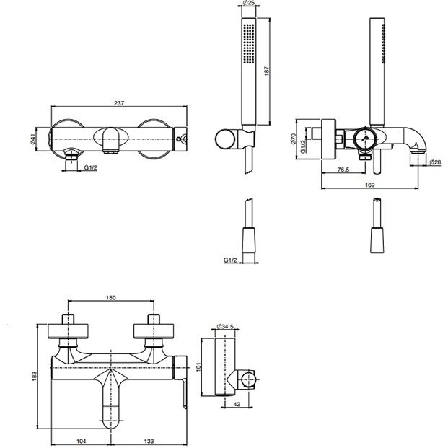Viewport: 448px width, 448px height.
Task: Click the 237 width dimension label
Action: click(119, 103)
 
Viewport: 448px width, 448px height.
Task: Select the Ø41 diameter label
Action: click(33, 139)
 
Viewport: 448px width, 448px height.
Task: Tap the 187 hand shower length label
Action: click(267, 71)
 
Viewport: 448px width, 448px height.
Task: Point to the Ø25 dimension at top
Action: click(249, 3)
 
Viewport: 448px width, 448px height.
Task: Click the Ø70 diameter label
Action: click(294, 139)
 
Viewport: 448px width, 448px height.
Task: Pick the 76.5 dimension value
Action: click(343, 170)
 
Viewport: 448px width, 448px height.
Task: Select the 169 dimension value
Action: click(369, 185)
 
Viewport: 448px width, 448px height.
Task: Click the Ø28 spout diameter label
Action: click(435, 162)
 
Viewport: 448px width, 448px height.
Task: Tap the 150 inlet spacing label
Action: click(111, 298)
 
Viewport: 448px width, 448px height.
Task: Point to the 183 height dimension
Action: click(35, 376)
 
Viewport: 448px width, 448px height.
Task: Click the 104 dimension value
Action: click(82, 442)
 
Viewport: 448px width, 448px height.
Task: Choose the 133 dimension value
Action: click(149, 442)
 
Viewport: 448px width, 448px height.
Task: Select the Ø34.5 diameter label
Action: click(225, 326)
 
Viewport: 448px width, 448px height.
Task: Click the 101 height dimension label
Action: click(199, 366)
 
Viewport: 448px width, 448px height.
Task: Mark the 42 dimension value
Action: click(237, 404)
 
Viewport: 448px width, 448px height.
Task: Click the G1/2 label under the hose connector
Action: click(230, 260)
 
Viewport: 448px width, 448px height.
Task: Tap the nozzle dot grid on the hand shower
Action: click(249, 43)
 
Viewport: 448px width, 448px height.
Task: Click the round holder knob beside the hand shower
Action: click(225, 139)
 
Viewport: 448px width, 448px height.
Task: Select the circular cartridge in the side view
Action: click(364, 139)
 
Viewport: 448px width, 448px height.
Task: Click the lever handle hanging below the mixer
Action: click(184, 393)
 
